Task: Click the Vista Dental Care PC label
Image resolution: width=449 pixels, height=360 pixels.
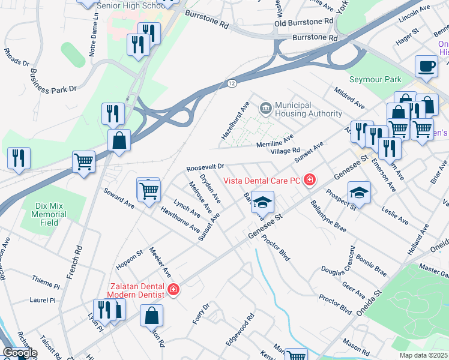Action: tap(262, 180)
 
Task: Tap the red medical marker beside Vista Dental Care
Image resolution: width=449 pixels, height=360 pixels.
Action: tap(309, 179)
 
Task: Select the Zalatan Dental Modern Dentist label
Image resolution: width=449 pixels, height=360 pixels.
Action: tap(136, 290)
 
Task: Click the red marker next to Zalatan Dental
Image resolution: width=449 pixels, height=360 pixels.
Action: tap(173, 290)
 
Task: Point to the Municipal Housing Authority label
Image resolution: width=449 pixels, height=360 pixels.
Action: tap(309, 109)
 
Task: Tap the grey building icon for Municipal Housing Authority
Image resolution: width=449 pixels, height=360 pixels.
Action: tap(265, 109)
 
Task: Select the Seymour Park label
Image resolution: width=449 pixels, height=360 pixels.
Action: tap(375, 79)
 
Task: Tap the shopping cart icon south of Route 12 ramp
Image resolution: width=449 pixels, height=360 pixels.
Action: tap(83, 161)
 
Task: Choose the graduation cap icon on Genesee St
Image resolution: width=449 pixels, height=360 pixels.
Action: tap(262, 202)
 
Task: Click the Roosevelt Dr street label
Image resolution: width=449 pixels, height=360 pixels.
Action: tap(205, 166)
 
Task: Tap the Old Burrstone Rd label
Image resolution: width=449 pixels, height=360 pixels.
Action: tap(303, 22)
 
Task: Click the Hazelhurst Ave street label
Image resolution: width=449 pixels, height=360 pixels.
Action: tap(235, 121)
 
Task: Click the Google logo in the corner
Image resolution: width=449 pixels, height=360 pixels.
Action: tap(19, 353)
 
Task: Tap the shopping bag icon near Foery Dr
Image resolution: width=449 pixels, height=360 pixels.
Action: tap(151, 314)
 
